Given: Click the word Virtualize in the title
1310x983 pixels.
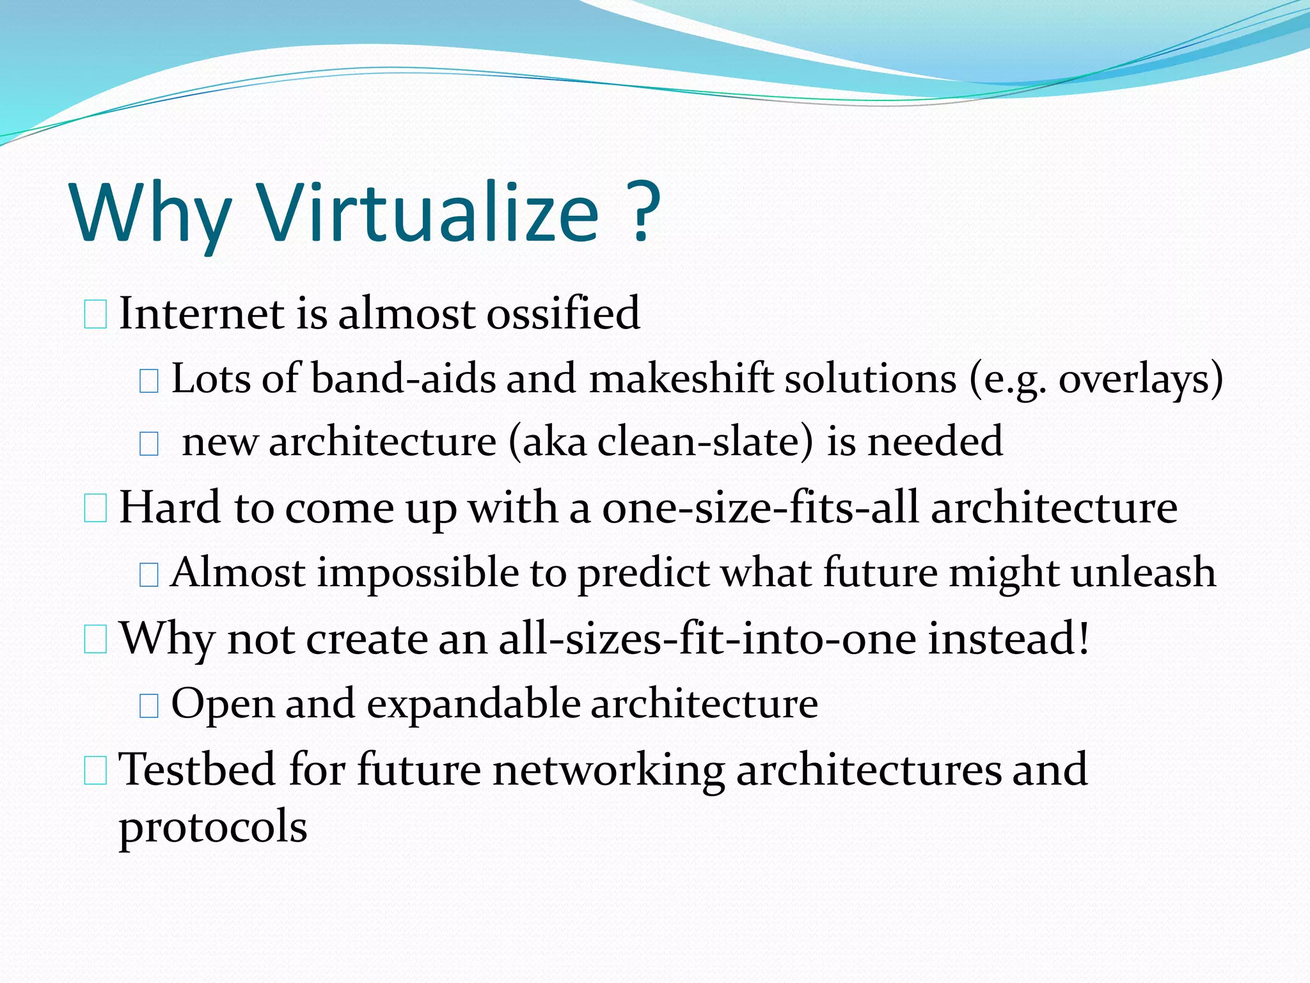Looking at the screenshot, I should pyautogui.click(x=428, y=213).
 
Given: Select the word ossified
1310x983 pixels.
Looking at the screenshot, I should pyautogui.click(x=564, y=313).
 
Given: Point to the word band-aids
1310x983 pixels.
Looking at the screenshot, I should pyautogui.click(x=404, y=378).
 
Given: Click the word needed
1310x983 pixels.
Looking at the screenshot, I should pyautogui.click(x=935, y=442).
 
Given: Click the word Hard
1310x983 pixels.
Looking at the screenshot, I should pyautogui.click(x=170, y=507).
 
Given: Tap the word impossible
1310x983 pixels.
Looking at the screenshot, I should pyautogui.click(x=418, y=573).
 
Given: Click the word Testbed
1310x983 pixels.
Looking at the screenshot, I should pyautogui.click(x=198, y=769).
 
